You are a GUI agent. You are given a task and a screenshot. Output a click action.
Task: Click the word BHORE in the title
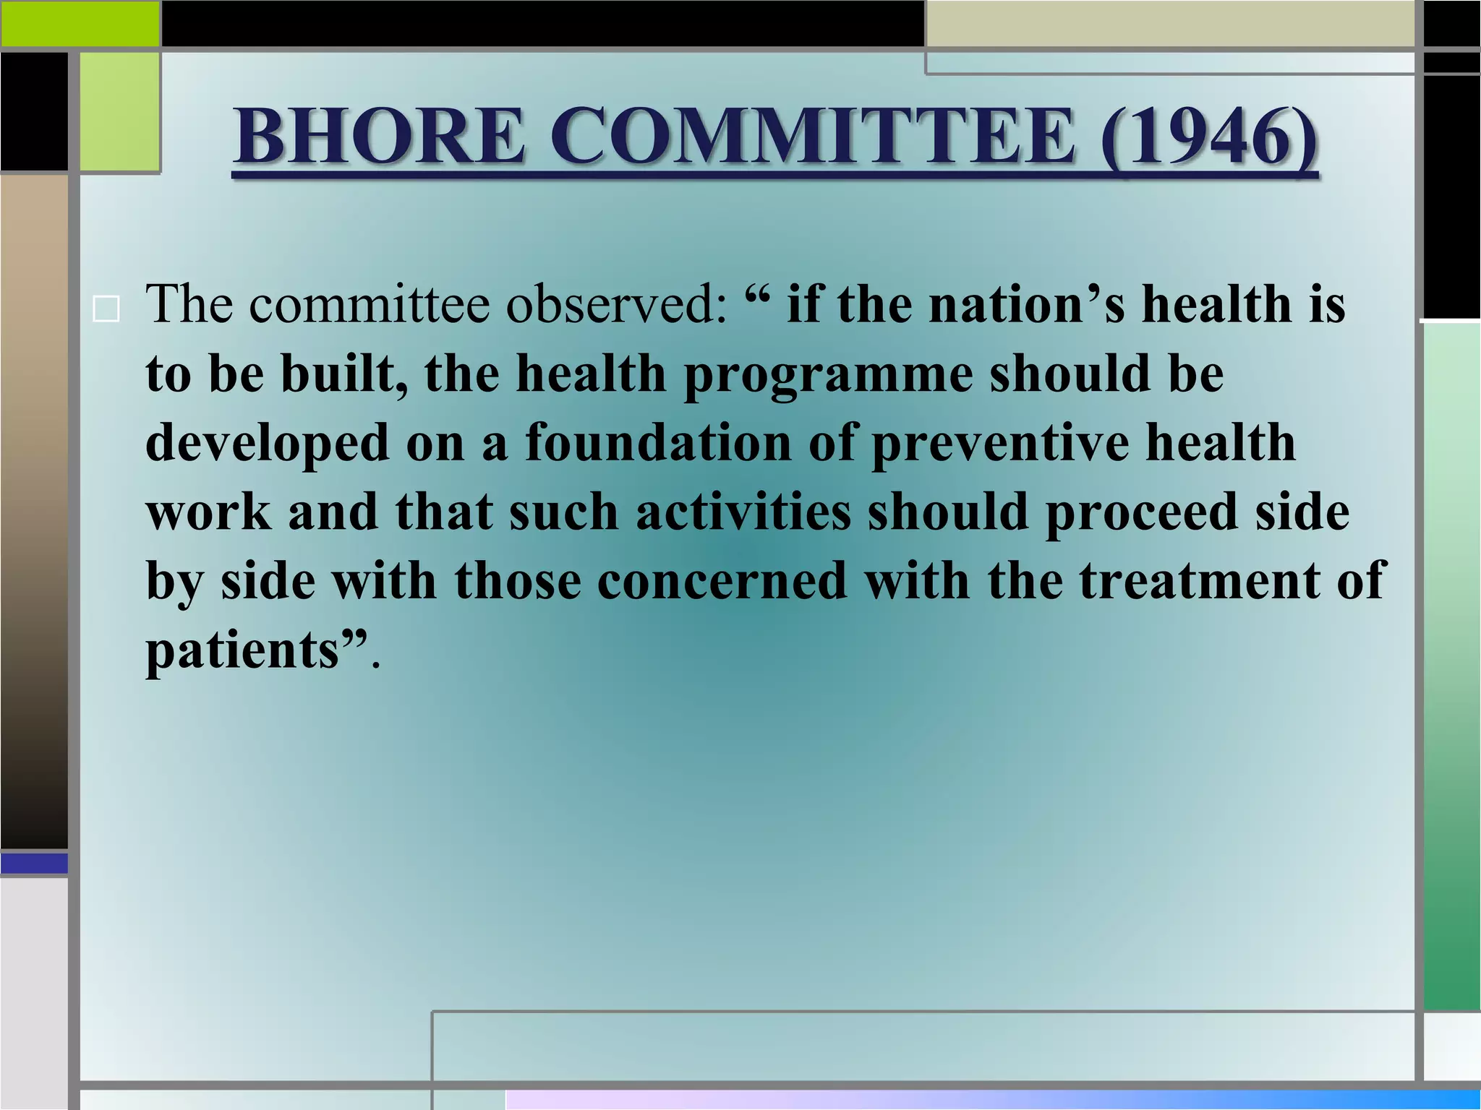coord(378,136)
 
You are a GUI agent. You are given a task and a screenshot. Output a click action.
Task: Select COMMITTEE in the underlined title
coord(811,136)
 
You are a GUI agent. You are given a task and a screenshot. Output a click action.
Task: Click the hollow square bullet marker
coord(106,310)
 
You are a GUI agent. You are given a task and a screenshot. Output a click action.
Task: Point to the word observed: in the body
coord(615,304)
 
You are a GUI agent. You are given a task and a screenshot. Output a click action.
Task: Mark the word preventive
coord(1000,442)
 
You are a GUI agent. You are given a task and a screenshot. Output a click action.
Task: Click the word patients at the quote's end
coord(243,650)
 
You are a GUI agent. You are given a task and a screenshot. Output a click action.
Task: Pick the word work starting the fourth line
coord(208,511)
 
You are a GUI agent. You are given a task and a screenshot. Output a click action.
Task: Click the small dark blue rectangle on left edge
coord(34,863)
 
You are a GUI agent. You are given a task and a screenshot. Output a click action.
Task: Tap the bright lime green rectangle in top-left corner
coord(80,23)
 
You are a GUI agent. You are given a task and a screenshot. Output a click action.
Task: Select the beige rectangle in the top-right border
coord(1169,23)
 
